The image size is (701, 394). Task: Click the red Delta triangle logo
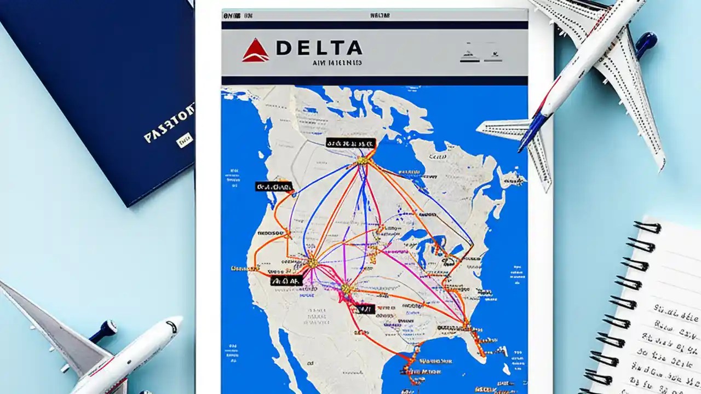(255, 51)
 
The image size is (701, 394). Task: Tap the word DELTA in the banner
(319, 48)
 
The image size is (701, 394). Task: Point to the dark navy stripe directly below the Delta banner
(375, 80)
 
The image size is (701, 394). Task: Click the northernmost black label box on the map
(350, 143)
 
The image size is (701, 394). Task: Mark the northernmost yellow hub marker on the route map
(362, 160)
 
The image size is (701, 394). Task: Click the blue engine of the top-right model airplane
(646, 42)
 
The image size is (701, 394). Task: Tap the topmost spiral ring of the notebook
(647, 227)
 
